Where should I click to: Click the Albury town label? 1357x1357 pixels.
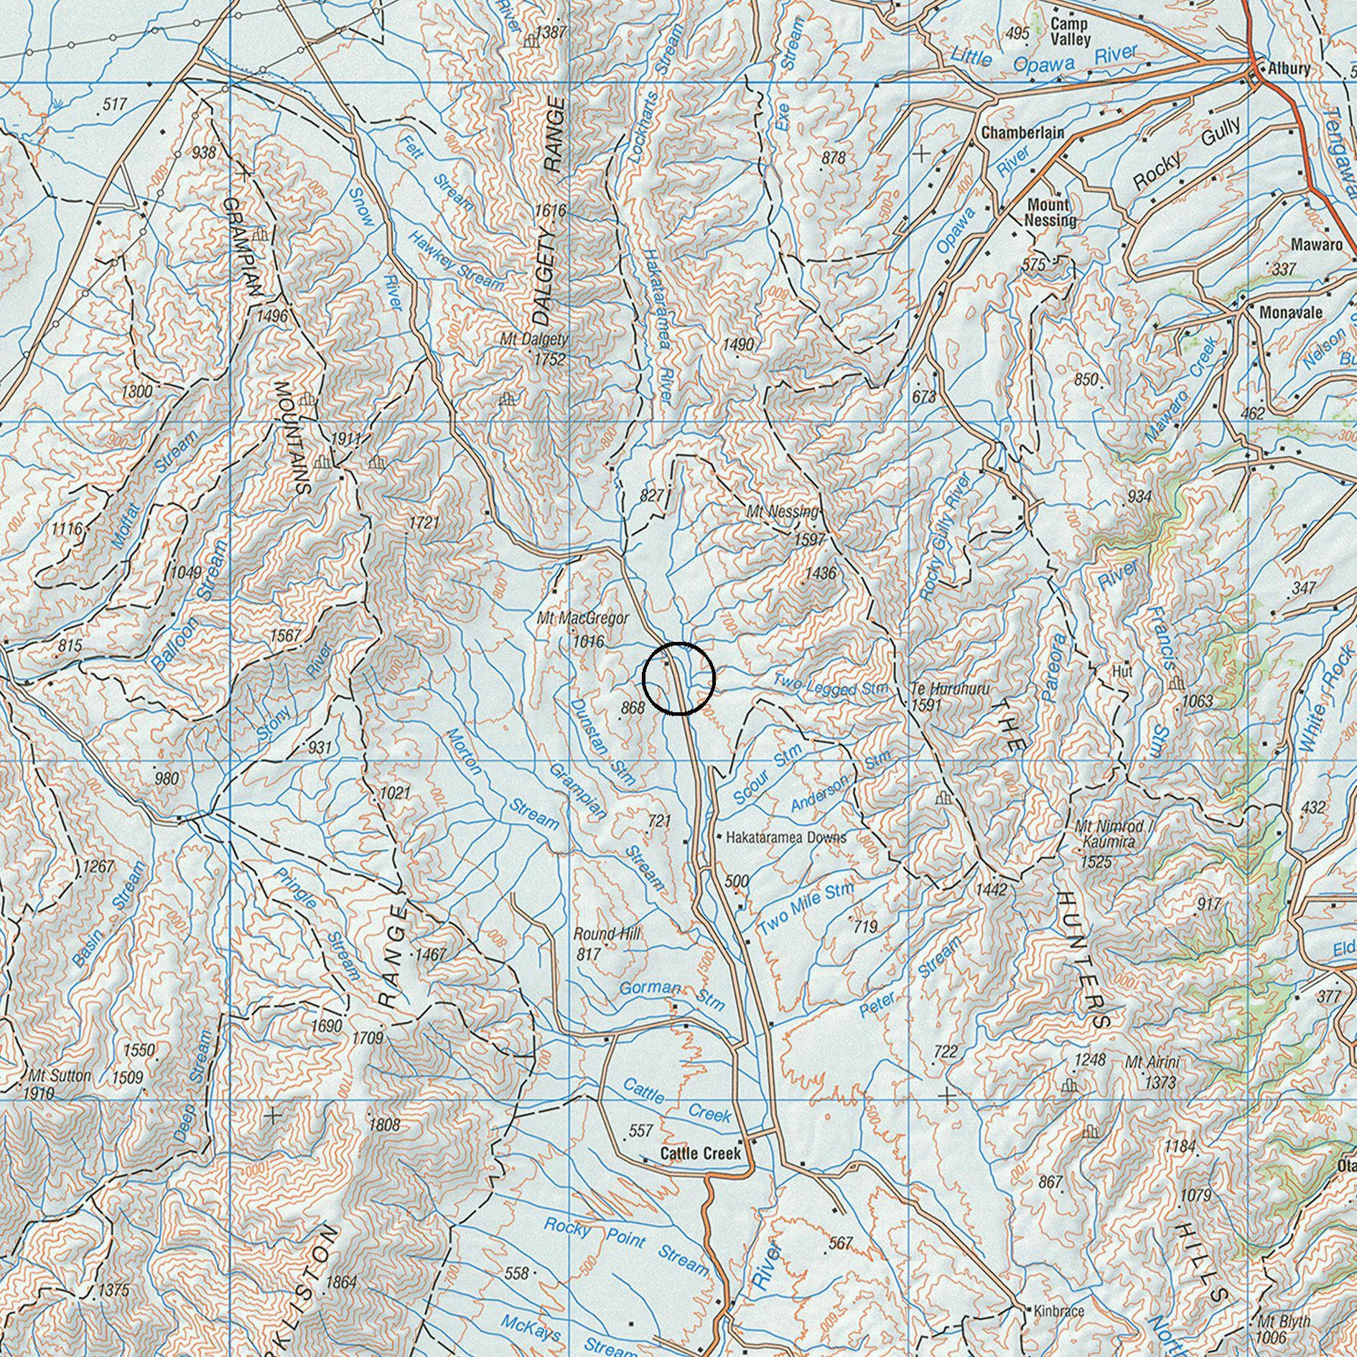(x=1289, y=70)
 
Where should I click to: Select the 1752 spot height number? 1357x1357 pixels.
(x=550, y=359)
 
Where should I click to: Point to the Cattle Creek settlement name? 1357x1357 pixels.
(x=700, y=1153)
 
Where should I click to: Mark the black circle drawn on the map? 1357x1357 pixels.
(x=678, y=678)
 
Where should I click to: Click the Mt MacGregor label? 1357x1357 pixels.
(x=582, y=618)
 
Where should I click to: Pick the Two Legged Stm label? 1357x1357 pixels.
(x=831, y=687)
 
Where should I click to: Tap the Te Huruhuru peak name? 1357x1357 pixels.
(x=950, y=689)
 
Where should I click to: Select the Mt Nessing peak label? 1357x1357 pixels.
(x=783, y=512)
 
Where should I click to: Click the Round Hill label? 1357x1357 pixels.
(x=607, y=934)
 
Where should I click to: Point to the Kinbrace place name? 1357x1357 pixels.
(x=1059, y=1311)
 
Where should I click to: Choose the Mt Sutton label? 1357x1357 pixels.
(x=60, y=1076)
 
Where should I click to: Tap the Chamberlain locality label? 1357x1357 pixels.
(x=1022, y=133)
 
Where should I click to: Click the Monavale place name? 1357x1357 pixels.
(x=1291, y=313)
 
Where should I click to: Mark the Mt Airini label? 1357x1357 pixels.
(x=1152, y=1061)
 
